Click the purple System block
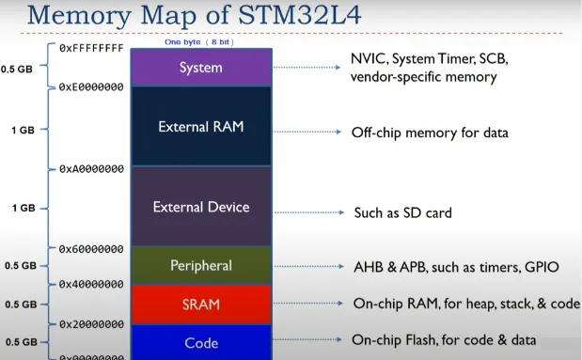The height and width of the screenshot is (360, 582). click(200, 68)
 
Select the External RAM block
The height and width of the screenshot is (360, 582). click(200, 126)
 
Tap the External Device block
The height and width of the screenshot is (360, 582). click(200, 207)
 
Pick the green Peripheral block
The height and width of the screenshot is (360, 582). click(200, 266)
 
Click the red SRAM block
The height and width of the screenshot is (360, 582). click(200, 305)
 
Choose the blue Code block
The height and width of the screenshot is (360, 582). click(200, 342)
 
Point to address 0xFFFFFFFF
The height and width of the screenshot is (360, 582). click(91, 47)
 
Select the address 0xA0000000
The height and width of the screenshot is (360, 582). click(91, 169)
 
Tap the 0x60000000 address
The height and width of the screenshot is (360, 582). click(91, 249)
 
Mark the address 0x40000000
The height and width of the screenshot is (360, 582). click(91, 283)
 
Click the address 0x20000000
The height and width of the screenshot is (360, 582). click(91, 322)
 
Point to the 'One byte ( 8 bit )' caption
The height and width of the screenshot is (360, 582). click(199, 43)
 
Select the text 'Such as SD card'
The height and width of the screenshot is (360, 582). click(402, 212)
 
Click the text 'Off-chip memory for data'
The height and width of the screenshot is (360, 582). click(430, 133)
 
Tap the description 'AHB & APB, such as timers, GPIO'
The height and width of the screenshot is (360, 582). click(455, 267)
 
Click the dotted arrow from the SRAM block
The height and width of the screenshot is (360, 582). click(307, 305)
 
